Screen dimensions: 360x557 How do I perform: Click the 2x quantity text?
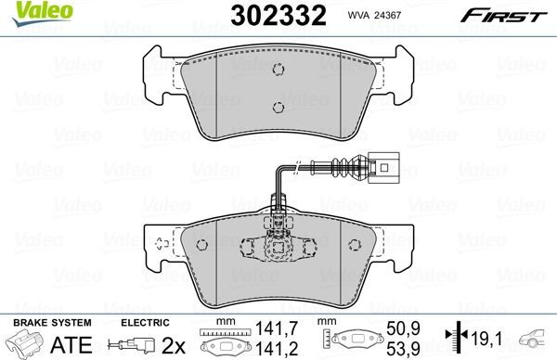point(172,345)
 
